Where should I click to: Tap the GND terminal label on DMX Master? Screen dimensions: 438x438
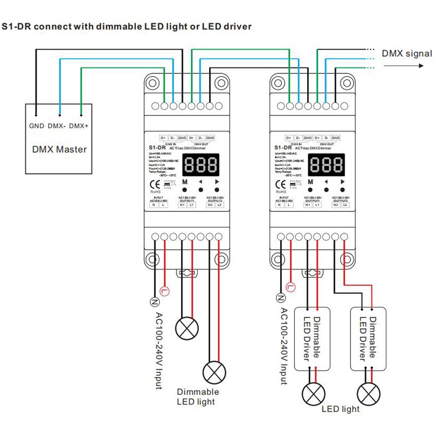[36, 126]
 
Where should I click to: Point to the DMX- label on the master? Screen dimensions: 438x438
[57, 126]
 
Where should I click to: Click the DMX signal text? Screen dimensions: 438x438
[407, 54]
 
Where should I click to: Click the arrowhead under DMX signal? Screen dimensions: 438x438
[421, 66]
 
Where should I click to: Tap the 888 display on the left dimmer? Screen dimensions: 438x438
[201, 163]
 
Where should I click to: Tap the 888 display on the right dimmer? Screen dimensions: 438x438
[327, 163]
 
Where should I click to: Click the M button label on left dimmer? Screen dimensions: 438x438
[185, 182]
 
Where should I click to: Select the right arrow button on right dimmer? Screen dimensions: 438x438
[343, 182]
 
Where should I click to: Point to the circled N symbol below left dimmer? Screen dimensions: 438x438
[154, 300]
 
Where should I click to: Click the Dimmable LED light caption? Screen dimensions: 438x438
[198, 397]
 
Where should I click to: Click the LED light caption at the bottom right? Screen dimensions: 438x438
[341, 409]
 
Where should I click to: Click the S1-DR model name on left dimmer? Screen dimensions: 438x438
[158, 147]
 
